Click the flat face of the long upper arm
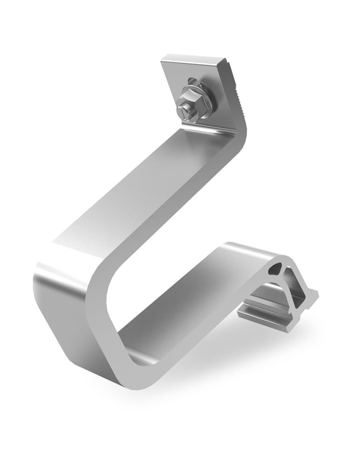tap(140, 196)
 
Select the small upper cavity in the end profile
tap(277, 268)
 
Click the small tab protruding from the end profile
tap(314, 294)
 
